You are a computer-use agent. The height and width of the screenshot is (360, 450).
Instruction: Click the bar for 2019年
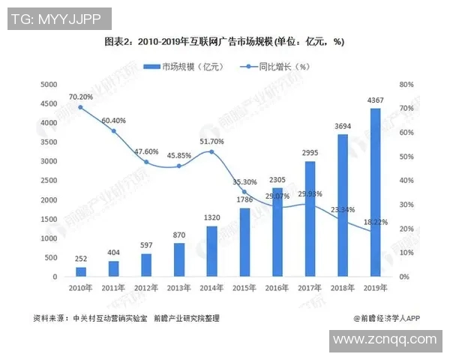pos(375,193)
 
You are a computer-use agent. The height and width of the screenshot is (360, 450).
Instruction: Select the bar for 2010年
pos(81,272)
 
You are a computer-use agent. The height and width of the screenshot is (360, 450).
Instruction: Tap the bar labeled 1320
pos(212,251)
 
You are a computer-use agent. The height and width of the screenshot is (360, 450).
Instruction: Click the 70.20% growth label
pos(80,96)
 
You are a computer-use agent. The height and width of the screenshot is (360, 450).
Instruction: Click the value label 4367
pos(375,101)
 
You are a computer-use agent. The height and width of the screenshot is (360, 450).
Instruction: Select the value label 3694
pos(342,127)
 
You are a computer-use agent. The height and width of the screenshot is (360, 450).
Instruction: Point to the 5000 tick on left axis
pos(49,84)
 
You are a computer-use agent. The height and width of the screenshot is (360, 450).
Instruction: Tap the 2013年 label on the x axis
pos(179,288)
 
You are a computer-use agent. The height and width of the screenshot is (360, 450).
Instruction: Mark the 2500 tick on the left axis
pos(49,181)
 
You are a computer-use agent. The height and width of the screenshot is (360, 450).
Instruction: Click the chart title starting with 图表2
pos(224,42)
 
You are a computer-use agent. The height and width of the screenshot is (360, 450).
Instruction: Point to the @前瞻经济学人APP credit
pos(386,317)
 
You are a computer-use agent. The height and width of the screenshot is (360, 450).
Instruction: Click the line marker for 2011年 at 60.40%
pos(114,131)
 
